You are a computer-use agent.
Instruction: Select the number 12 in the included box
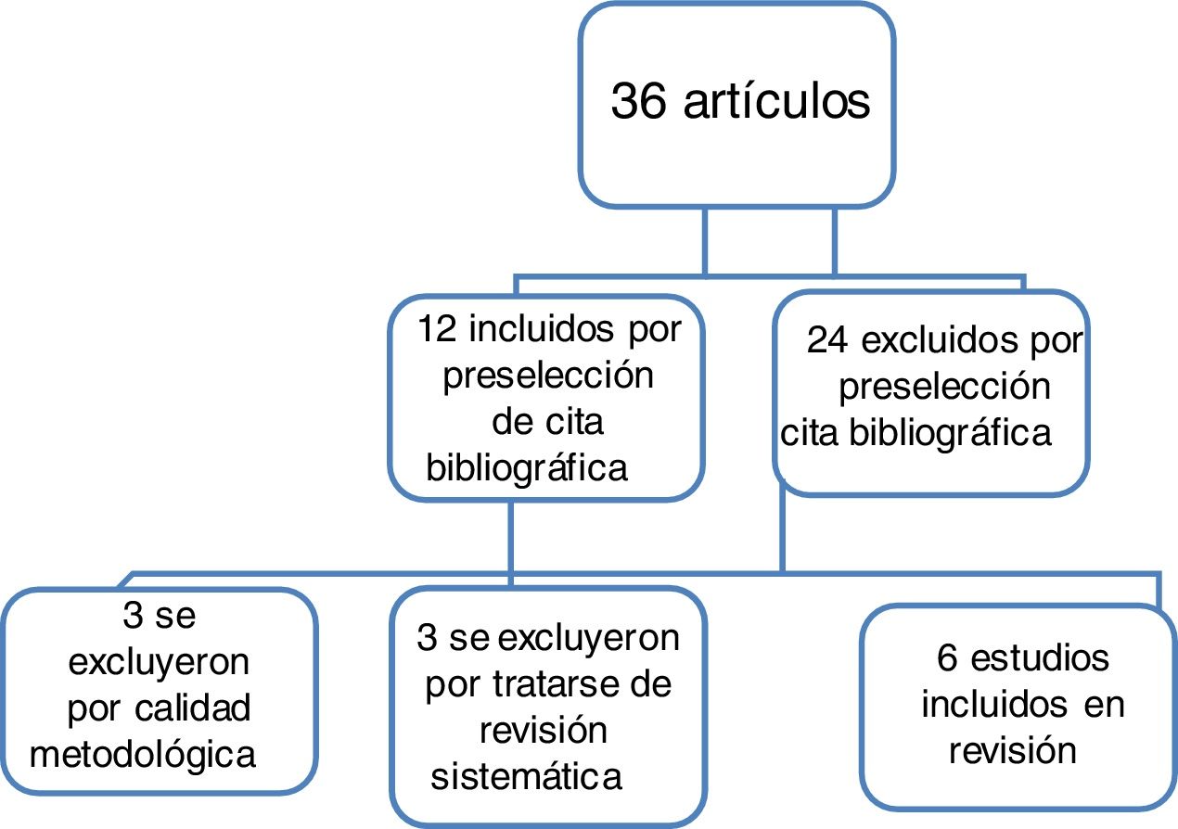[435, 329]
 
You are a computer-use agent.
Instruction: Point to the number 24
[828, 341]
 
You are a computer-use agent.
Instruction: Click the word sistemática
[527, 777]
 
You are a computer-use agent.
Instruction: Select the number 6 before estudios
[947, 658]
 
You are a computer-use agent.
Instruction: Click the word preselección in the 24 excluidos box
[945, 387]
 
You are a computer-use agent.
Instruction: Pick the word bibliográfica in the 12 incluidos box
[527, 468]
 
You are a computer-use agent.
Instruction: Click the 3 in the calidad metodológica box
[133, 617]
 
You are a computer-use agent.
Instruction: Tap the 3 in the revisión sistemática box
[428, 638]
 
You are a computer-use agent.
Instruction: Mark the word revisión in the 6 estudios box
[1012, 749]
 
